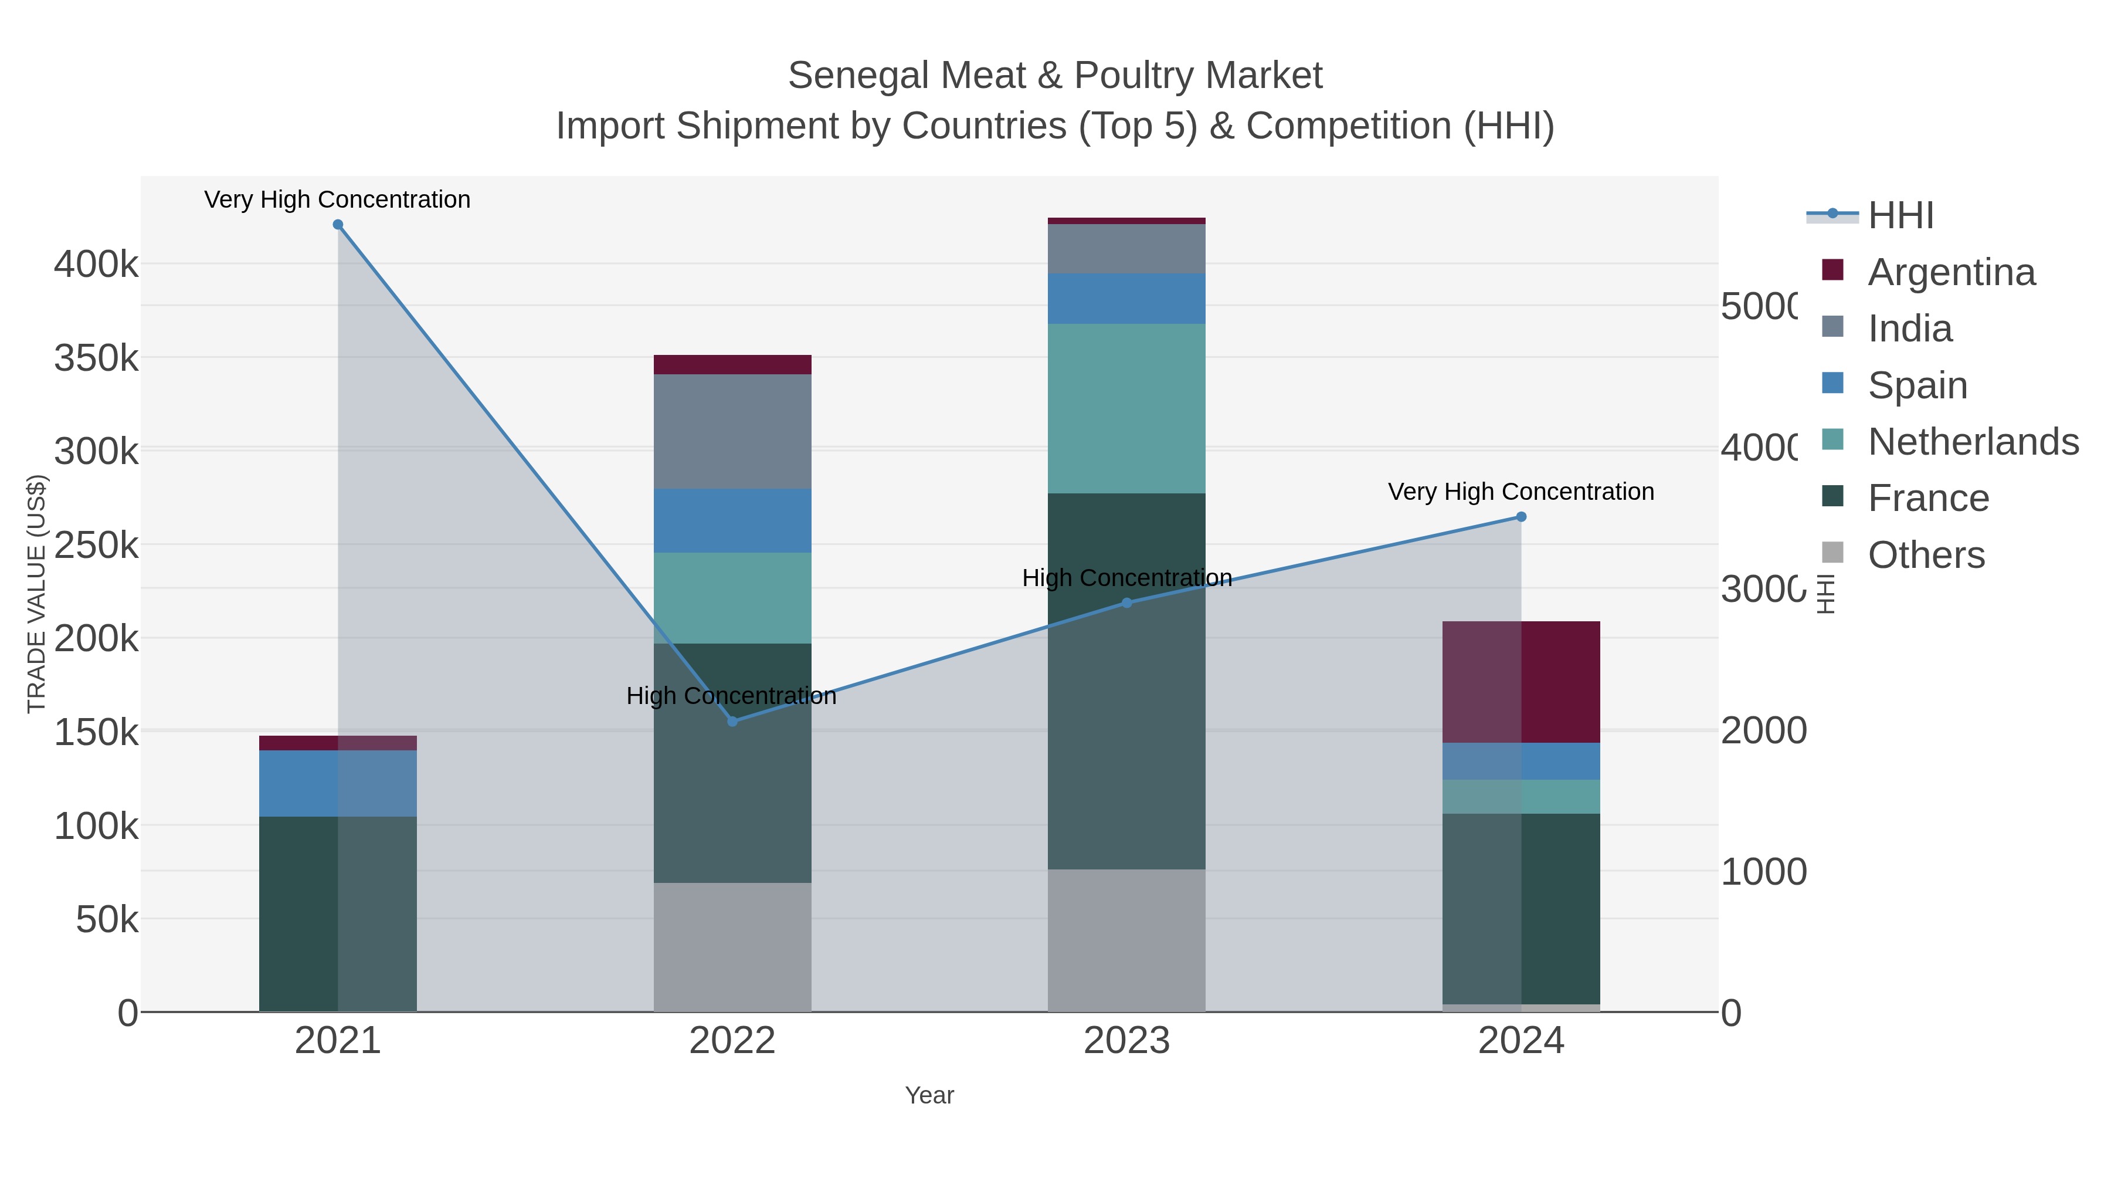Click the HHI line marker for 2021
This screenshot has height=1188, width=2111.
point(338,225)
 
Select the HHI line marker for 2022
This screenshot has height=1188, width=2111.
point(732,722)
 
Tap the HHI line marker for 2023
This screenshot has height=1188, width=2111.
point(1127,603)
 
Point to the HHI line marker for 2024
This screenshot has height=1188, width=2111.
point(1521,516)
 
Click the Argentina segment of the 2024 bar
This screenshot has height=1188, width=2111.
point(1521,682)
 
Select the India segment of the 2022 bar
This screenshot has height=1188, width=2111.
point(732,431)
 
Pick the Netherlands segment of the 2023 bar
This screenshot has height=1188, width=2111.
point(1127,408)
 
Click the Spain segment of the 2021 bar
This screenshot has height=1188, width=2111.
point(338,783)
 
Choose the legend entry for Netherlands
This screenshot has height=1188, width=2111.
point(1973,442)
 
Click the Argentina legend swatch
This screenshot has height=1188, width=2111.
point(1832,270)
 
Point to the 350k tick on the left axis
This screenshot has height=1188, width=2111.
point(96,358)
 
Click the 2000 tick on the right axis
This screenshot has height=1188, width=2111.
point(1763,730)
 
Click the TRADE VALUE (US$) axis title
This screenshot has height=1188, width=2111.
point(37,594)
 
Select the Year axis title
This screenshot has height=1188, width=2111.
point(929,1095)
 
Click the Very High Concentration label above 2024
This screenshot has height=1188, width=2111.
point(1521,492)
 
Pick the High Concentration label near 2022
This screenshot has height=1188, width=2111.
point(731,696)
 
